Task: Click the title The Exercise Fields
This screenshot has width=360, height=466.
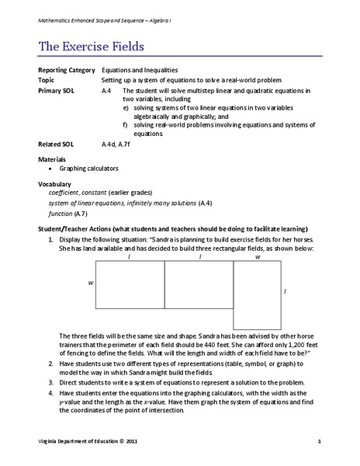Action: coord(91,47)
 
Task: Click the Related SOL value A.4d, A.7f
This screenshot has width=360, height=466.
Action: coord(124,144)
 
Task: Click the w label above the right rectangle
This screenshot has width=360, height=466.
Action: coord(257,256)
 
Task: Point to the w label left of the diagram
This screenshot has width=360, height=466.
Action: coord(90,283)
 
